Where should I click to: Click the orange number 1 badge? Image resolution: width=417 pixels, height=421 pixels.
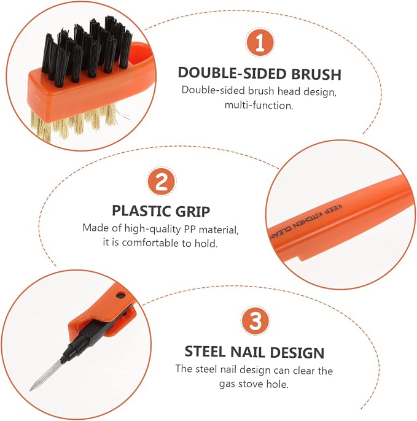pyautogui.click(x=260, y=42)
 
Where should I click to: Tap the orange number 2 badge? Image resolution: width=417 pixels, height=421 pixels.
pyautogui.click(x=162, y=182)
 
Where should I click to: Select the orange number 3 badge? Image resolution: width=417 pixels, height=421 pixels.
pyautogui.click(x=255, y=320)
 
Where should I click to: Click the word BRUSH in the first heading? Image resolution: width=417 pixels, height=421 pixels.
pyautogui.click(x=316, y=74)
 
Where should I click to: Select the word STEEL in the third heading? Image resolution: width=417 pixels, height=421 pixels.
pyautogui.click(x=205, y=352)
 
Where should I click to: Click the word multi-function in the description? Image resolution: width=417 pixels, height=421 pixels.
pyautogui.click(x=259, y=106)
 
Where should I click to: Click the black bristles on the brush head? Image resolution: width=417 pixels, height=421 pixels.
pyautogui.click(x=87, y=50)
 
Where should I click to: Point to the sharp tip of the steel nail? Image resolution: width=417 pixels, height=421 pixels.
pyautogui.click(x=30, y=390)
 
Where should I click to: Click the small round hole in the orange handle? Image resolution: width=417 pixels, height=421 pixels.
pyautogui.click(x=120, y=296)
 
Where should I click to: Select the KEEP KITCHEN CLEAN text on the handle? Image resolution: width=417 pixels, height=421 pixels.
pyautogui.click(x=305, y=222)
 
